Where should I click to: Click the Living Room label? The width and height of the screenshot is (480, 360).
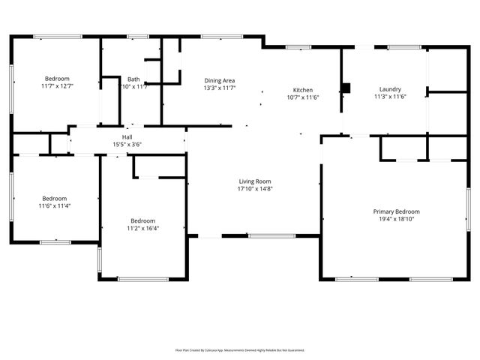pos(255,181)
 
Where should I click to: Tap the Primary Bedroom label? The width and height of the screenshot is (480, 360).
pos(396,211)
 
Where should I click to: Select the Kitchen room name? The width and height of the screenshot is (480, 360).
pos(303,90)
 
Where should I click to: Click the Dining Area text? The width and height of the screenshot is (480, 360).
pos(220,79)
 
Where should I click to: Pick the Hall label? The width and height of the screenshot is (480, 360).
pos(127,137)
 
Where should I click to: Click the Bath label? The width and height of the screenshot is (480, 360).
pos(133,79)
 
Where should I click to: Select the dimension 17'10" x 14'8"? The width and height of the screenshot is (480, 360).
pos(255,189)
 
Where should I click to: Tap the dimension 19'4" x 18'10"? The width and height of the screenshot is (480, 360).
pos(396,220)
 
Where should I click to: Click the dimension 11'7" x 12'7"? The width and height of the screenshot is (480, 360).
pos(57,86)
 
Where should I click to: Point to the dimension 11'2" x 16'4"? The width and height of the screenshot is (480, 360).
pos(142,229)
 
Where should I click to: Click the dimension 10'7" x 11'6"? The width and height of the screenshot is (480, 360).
pos(303,97)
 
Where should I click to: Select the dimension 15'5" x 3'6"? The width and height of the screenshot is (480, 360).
pos(127,144)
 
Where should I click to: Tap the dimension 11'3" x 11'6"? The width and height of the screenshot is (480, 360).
pos(389,97)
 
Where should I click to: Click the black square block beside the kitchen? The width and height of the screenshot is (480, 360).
pos(346,87)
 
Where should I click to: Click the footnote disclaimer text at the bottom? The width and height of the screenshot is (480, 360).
pos(240,349)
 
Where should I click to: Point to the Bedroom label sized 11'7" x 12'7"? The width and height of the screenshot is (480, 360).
pos(57,79)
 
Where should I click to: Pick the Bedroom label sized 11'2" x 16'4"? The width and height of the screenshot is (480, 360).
pos(142,220)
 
